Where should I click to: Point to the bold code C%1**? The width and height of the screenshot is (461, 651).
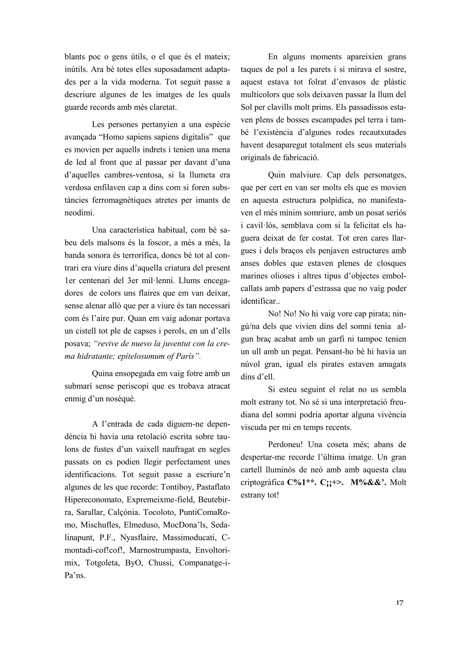[302, 482]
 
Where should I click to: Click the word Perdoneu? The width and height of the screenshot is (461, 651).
[287, 444]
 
